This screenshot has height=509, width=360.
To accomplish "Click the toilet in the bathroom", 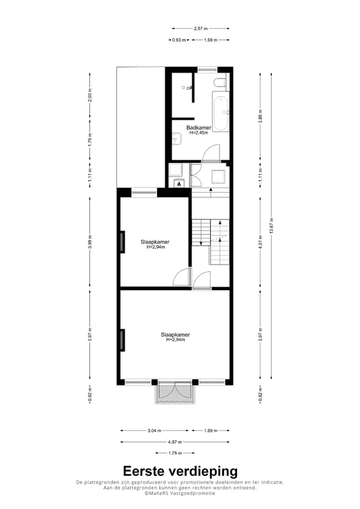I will pyautogui.click(x=220, y=82).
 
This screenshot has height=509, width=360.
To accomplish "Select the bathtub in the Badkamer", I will pyautogui.click(x=220, y=110).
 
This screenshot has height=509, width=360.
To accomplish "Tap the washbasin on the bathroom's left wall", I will pyautogui.click(x=175, y=138).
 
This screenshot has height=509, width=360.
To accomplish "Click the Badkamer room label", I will pyautogui.click(x=198, y=128).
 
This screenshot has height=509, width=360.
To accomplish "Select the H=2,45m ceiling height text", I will pyautogui.click(x=198, y=133).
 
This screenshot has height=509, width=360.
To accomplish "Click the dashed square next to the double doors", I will pyautogui.click(x=218, y=176).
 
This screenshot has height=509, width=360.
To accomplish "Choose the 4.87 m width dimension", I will pyautogui.click(x=174, y=442).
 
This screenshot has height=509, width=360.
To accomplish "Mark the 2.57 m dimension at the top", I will pyautogui.click(x=200, y=28).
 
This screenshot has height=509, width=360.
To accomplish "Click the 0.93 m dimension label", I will pyautogui.click(x=178, y=40).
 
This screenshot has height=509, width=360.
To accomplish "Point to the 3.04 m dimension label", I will pyautogui.click(x=154, y=430).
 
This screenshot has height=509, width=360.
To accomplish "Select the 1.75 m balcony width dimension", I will pyautogui.click(x=174, y=453).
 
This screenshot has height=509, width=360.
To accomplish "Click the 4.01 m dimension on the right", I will pyautogui.click(x=260, y=243).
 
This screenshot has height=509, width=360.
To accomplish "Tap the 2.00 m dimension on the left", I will pyautogui.click(x=90, y=97).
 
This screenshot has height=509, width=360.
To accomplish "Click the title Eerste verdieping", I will pyautogui.click(x=180, y=471).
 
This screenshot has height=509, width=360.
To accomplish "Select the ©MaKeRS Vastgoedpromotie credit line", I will pyautogui.click(x=180, y=493).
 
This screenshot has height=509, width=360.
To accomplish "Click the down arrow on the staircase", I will pyautogui.click(x=200, y=242).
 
